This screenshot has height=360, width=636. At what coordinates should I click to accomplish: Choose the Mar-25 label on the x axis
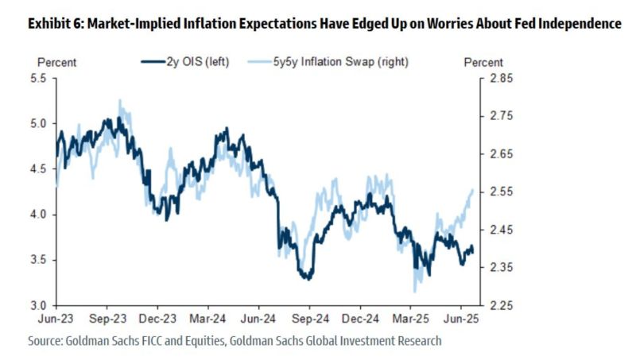click(x=410, y=319)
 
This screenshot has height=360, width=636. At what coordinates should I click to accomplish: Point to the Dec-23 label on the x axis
click(x=157, y=319)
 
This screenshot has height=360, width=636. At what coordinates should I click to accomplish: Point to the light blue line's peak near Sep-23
click(x=119, y=101)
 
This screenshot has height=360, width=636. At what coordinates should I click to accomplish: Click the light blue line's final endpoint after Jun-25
click(x=474, y=189)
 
